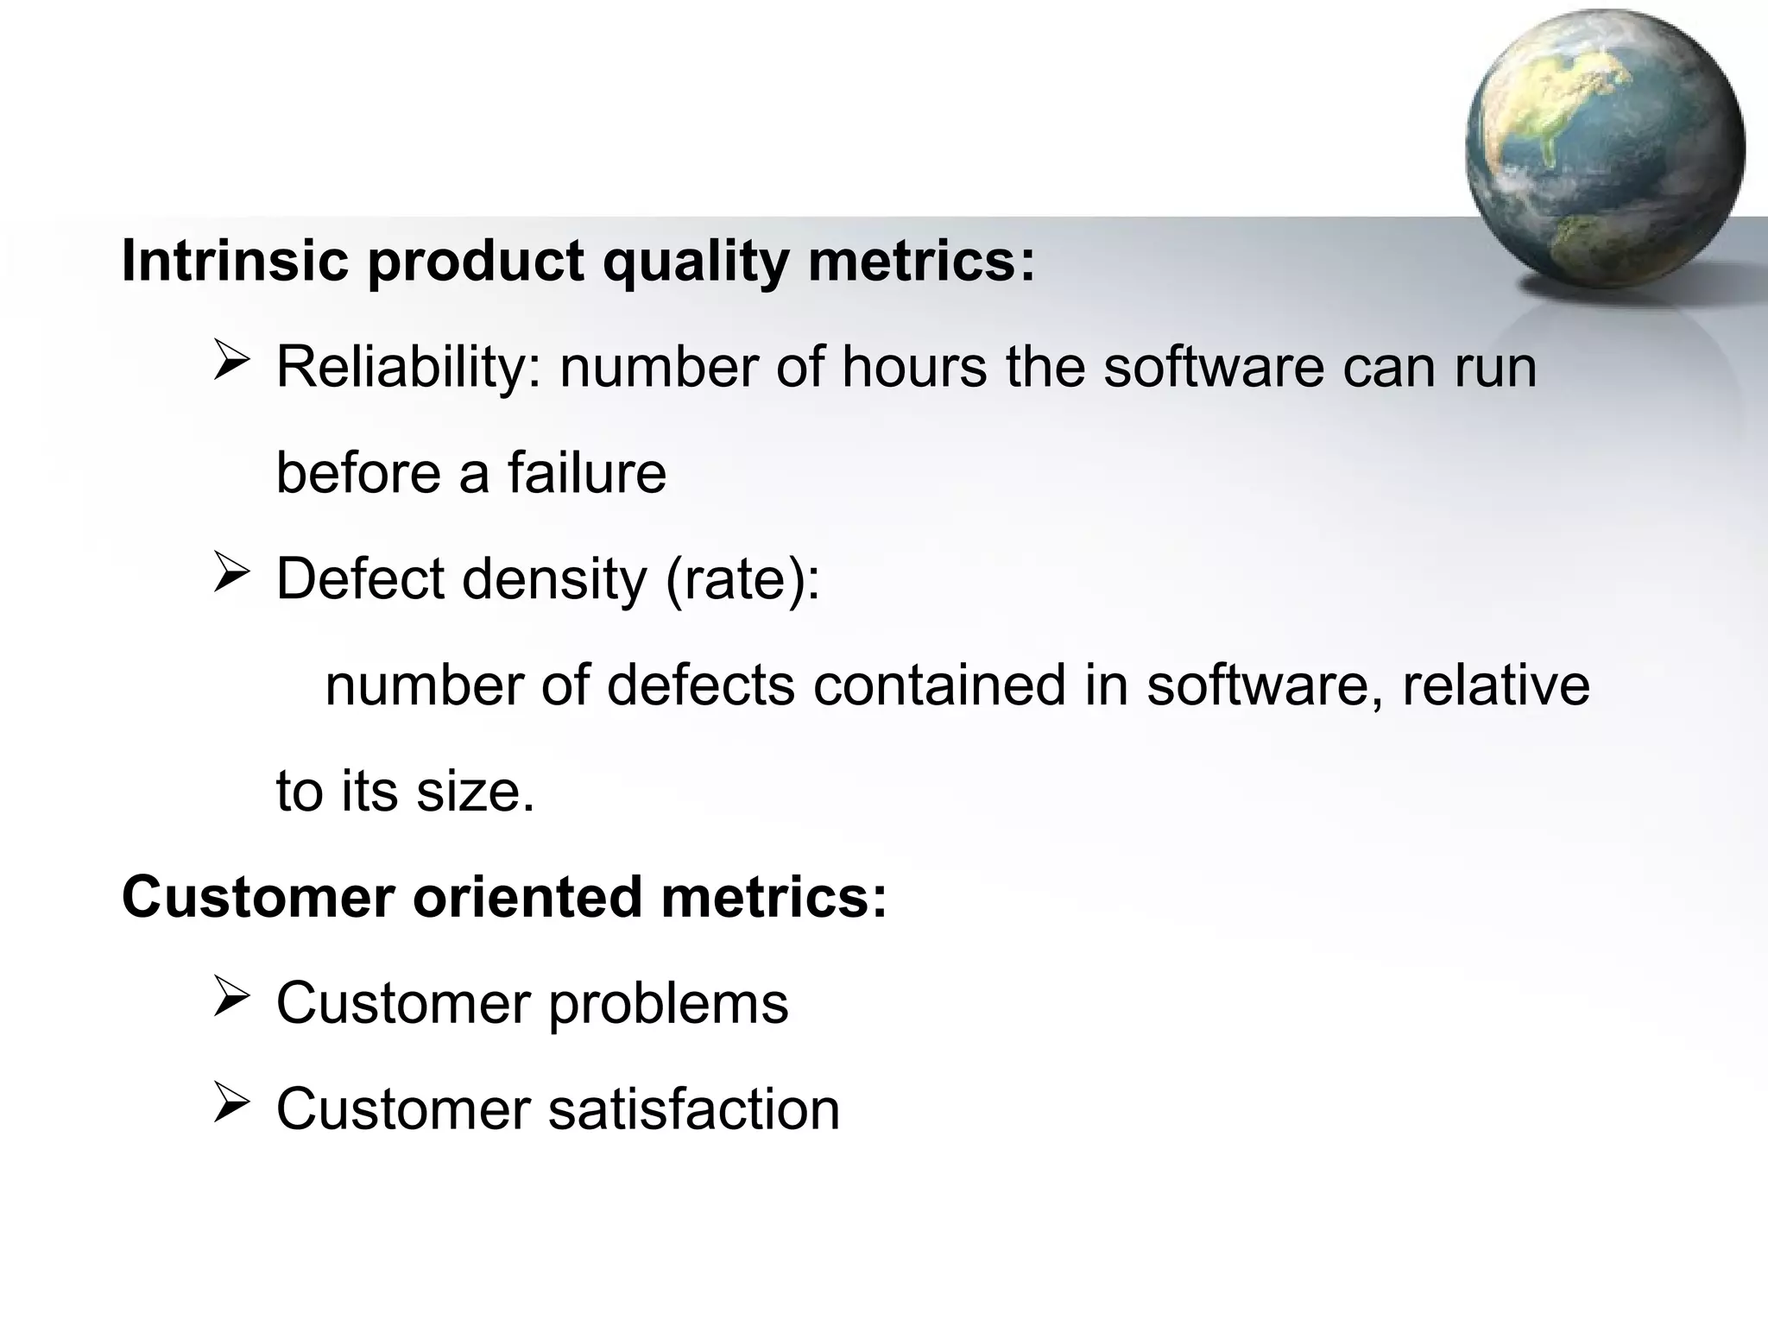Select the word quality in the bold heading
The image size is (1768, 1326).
pyautogui.click(x=695, y=262)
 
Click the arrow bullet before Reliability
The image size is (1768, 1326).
pyautogui.click(x=231, y=360)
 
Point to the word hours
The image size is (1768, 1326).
pyautogui.click(x=913, y=367)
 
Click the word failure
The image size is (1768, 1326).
pyautogui.click(x=586, y=473)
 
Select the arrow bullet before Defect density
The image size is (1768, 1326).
pyautogui.click(x=231, y=572)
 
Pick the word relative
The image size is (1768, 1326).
pyautogui.click(x=1495, y=685)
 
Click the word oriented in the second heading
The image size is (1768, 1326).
pyautogui.click(x=527, y=897)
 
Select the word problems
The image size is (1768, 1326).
pyautogui.click(x=668, y=1005)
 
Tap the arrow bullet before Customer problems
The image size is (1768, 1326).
pyautogui.click(x=231, y=997)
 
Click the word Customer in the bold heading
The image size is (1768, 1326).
pyautogui.click(x=258, y=897)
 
